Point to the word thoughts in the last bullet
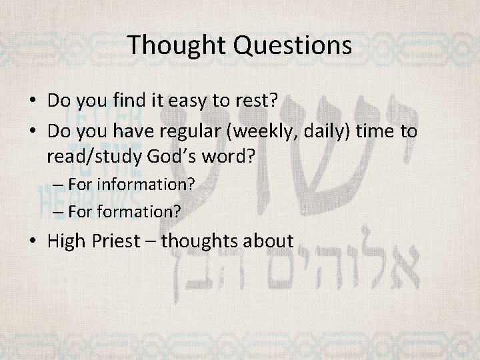click(205, 240)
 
